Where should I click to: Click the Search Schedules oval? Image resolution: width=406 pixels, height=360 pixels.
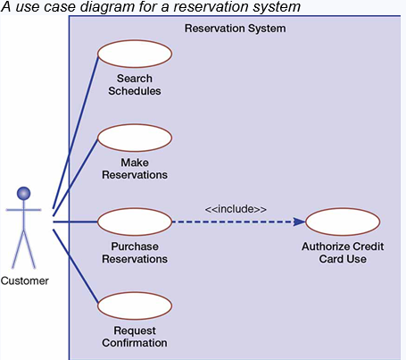pos(134,54)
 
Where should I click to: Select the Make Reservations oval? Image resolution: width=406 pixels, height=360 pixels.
pos(134,138)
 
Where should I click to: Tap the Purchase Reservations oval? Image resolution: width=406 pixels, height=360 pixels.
pos(134,222)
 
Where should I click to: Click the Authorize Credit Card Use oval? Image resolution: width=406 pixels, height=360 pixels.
pos(343,222)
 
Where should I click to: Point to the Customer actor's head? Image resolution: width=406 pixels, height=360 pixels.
pos(24,193)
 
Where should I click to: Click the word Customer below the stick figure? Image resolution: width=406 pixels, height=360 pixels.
pos(24,280)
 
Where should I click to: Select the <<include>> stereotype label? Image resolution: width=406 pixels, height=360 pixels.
pos(236,208)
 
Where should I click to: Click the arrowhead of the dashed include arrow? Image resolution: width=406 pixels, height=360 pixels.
pos(298,222)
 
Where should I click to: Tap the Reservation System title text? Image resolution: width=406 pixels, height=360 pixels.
pos(236,29)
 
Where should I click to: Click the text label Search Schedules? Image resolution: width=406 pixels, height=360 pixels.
pos(134,84)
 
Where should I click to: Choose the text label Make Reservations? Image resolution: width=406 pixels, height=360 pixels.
pos(134,169)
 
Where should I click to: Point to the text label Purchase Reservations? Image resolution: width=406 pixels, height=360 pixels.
pos(134,253)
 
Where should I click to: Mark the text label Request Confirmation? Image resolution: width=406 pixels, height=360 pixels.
pos(134,337)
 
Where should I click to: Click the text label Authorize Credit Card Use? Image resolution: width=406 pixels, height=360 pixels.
pos(343,253)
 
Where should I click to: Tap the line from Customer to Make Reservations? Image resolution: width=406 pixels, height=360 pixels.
pos(75,175)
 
